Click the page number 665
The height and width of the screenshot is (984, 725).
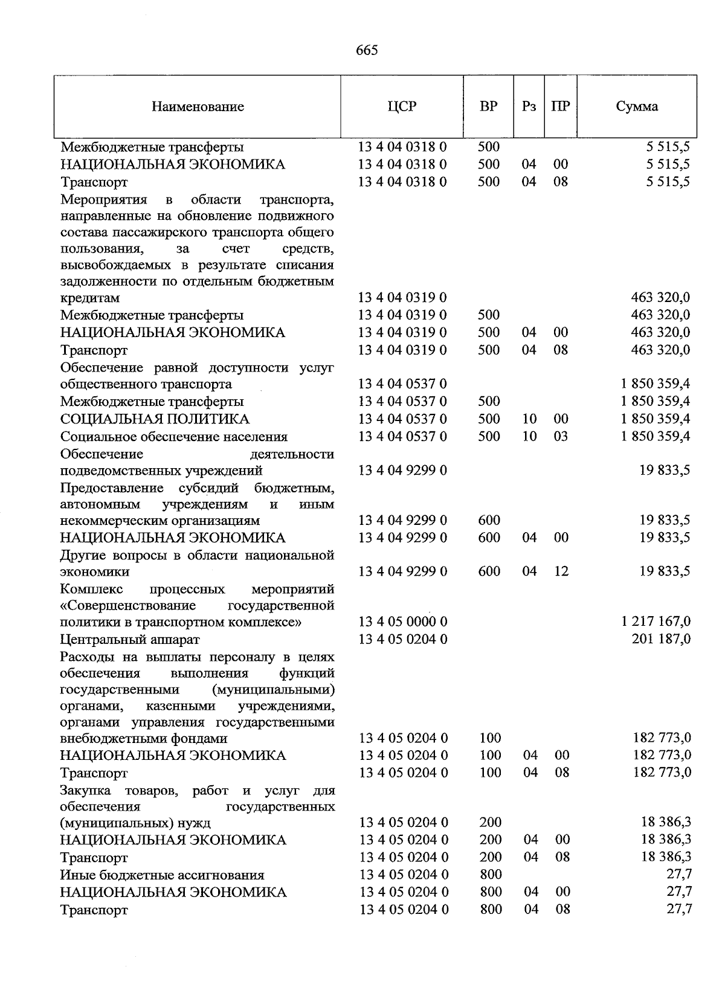tap(367, 51)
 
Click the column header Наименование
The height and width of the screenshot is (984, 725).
tap(198, 107)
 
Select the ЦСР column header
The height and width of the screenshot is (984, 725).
tap(402, 107)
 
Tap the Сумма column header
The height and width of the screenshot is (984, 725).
tap(637, 107)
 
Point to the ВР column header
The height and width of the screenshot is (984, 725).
tap(488, 107)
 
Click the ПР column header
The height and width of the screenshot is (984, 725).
tap(561, 107)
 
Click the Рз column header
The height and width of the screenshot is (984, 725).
tap(529, 107)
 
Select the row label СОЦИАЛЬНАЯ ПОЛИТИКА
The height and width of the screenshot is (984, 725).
tap(155, 419)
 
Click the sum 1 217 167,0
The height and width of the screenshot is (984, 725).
tap(656, 622)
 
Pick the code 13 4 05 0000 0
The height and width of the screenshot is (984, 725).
tap(403, 622)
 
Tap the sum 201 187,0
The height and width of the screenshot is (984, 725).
tap(661, 639)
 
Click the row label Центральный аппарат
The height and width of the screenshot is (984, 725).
tap(129, 639)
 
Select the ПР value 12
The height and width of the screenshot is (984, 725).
tap(561, 571)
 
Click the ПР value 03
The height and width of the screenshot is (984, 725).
tap(561, 437)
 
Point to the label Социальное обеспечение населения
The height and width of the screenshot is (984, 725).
tap(174, 437)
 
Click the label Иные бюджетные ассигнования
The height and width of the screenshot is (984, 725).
tap(162, 875)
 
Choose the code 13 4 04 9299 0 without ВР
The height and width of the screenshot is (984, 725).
tap(402, 471)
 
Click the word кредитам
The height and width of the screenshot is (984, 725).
tap(90, 298)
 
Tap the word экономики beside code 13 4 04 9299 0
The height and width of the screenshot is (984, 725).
tap(95, 571)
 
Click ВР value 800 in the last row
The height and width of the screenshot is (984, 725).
tap(491, 910)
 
